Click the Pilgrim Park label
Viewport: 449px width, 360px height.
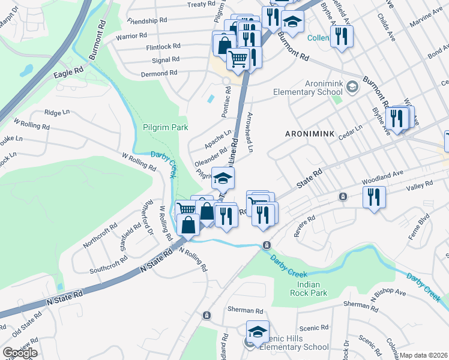click(166, 127)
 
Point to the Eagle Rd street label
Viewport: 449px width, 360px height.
click(68, 72)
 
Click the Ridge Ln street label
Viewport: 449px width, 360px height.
click(57, 112)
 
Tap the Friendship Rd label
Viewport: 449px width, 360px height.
click(147, 20)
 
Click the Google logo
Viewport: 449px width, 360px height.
click(19, 352)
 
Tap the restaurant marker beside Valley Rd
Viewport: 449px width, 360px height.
click(374, 197)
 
